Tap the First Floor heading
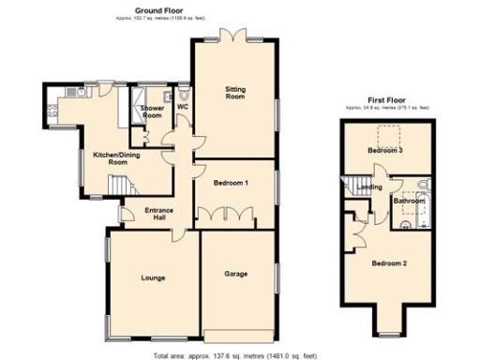point(387,100)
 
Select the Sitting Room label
point(234,92)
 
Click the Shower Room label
point(152,112)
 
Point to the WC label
point(183,106)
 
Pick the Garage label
point(235,274)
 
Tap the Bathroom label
point(408,201)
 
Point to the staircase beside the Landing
point(355,184)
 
